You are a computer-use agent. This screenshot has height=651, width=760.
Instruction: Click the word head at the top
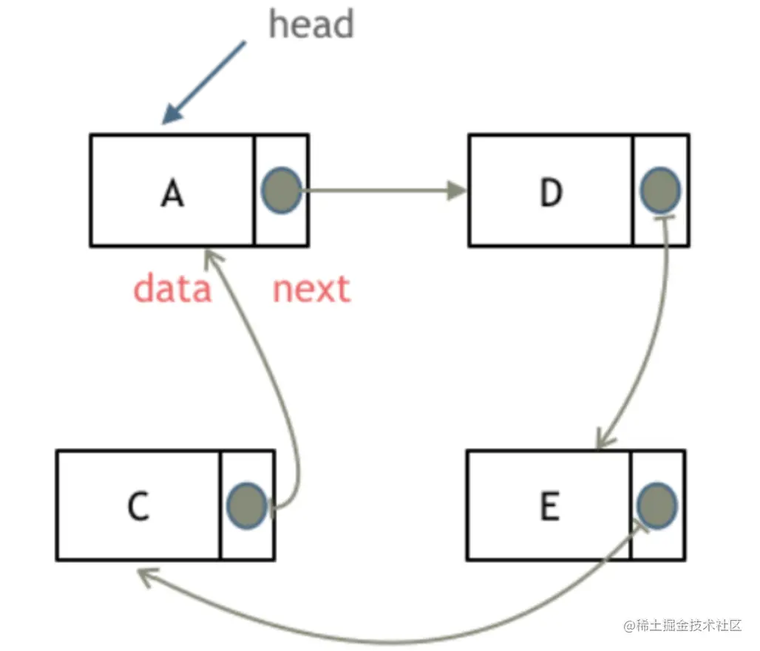pos(311,24)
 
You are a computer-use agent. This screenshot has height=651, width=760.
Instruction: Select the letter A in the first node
pos(172,194)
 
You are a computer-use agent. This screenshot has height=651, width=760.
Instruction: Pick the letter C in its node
pos(138,507)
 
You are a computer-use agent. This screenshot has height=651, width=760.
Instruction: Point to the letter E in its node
pos(549,507)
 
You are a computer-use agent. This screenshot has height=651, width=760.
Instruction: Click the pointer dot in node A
pos(281,191)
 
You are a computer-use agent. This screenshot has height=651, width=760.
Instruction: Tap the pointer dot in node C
pos(246,505)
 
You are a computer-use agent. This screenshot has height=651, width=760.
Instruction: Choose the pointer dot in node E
pos(656,505)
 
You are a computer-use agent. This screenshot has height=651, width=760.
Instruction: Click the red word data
pos(172,289)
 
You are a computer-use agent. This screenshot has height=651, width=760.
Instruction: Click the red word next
pos(311,289)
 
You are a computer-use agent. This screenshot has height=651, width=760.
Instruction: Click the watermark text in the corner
pos(682,626)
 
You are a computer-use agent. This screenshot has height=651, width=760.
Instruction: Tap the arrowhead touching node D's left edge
pos(458,191)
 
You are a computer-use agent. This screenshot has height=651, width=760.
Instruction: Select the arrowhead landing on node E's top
pos(602,441)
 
